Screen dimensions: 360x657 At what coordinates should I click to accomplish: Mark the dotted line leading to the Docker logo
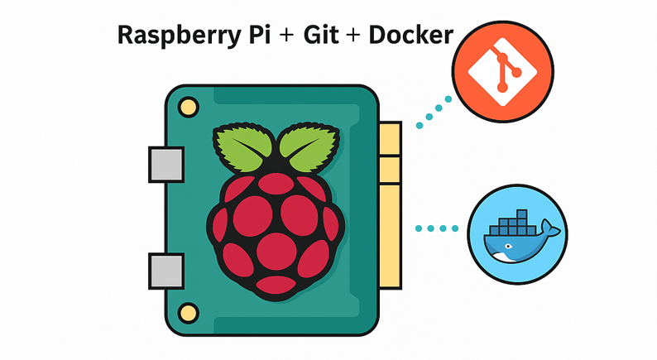[x=437, y=228]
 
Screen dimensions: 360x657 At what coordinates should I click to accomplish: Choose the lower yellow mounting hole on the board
[x=189, y=311]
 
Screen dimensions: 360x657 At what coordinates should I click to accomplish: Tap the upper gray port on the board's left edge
[x=165, y=164]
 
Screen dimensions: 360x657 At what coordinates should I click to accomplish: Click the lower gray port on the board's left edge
[x=165, y=270]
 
